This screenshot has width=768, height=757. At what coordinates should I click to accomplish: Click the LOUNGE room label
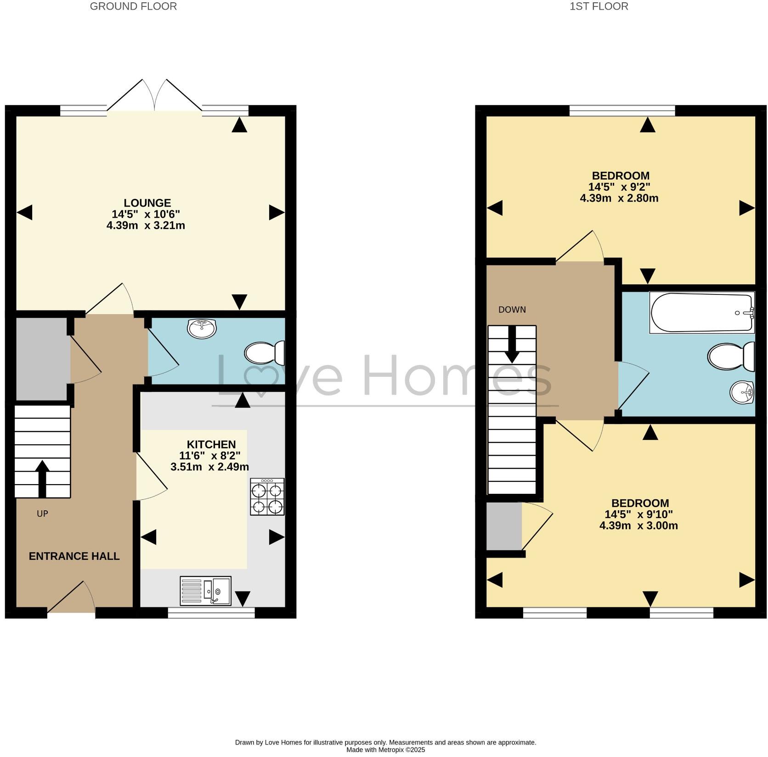[x=147, y=203]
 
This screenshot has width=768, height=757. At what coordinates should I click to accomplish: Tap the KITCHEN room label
[x=211, y=444]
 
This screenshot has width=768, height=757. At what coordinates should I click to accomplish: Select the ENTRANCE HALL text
[x=74, y=556]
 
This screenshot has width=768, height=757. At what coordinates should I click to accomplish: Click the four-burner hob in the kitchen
[x=267, y=497]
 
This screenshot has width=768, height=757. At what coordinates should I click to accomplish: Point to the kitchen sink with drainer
[x=205, y=591]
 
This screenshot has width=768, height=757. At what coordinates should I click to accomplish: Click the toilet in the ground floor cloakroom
[x=265, y=353]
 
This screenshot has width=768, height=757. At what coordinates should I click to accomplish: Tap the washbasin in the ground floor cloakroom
[x=202, y=328]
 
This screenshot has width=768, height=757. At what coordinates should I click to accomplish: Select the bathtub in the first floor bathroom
[x=701, y=313]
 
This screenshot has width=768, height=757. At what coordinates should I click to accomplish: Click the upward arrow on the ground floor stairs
[x=42, y=478]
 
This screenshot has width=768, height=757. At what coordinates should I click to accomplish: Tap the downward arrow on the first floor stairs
[x=512, y=345]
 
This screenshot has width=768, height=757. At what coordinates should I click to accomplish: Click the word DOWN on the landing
[x=512, y=310]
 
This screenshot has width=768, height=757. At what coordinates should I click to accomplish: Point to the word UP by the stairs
[x=42, y=514]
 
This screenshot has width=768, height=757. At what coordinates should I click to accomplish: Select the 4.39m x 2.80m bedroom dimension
[x=619, y=198]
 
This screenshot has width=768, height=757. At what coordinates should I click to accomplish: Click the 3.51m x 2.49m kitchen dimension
[x=209, y=467]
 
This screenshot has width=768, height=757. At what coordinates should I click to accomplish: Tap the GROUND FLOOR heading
[x=133, y=6]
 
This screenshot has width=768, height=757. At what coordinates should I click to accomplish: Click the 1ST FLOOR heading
[x=599, y=6]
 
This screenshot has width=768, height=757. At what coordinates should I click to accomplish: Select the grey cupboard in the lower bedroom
[x=503, y=526]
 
